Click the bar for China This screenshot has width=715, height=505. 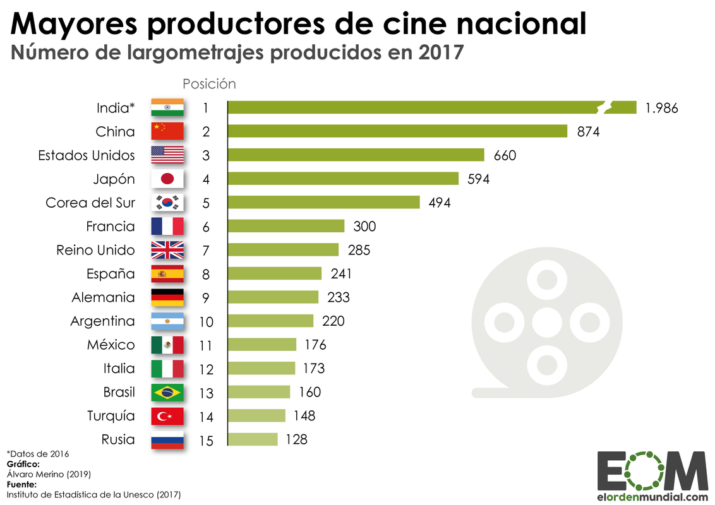tap(397, 131)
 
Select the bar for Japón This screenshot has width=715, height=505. tap(343, 179)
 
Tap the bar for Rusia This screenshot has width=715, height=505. tap(253, 439)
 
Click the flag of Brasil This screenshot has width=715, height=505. tap(167, 393)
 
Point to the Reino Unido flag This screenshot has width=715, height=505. tap(167, 250)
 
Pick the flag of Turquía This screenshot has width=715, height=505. tap(167, 417)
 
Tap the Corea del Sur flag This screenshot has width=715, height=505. tap(167, 203)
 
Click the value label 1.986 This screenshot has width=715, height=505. tap(661, 108)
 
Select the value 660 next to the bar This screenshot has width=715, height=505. tap(505, 155)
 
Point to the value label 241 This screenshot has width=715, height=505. tap(341, 274)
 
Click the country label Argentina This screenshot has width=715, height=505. tap(102, 321)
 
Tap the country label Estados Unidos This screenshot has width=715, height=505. tap(87, 155)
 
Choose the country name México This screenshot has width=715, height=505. tap(111, 345)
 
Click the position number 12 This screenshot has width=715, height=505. tap(206, 369)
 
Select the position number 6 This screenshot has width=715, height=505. tap(206, 227)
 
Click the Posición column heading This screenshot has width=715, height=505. tap(209, 84)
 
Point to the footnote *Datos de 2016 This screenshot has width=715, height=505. tap(38, 453)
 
